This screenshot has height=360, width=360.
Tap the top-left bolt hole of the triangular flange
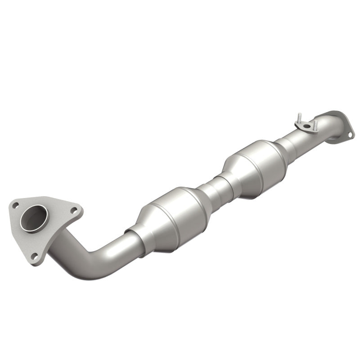[x=17, y=205]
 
